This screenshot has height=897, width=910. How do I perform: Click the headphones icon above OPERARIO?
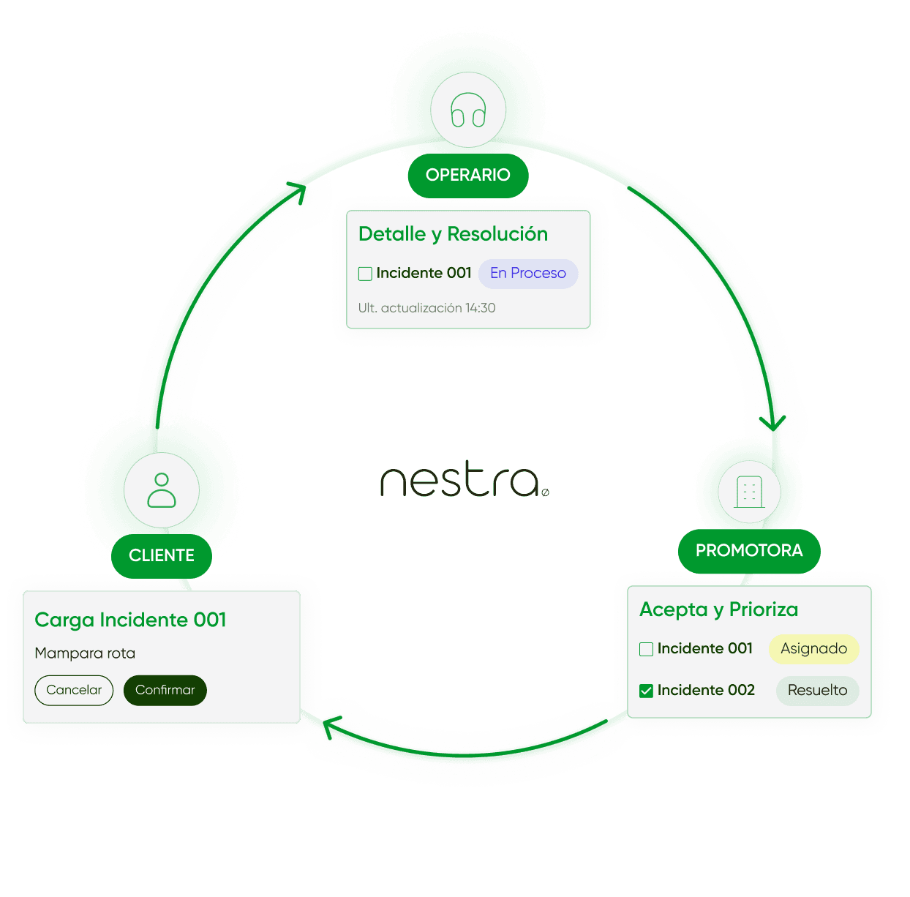[x=468, y=110]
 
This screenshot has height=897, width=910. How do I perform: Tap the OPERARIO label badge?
[x=468, y=175]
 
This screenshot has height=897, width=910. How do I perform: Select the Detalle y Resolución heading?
[x=453, y=234]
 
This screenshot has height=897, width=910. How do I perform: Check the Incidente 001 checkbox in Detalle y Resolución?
[x=365, y=274]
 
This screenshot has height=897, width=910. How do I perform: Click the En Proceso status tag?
[x=528, y=274]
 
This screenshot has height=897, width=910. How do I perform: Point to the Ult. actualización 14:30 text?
[x=426, y=308]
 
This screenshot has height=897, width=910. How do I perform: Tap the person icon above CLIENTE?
[x=162, y=489]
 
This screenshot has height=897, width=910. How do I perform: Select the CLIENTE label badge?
[x=162, y=556]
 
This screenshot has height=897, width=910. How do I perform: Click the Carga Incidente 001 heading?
[x=130, y=620]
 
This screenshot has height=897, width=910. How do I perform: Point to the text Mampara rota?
[x=85, y=653]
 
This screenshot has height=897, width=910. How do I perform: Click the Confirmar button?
[x=165, y=690]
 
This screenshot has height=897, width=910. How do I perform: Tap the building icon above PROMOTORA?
[x=749, y=491]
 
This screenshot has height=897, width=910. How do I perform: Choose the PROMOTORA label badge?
[x=749, y=551]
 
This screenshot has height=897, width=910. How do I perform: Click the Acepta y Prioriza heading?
[x=718, y=609]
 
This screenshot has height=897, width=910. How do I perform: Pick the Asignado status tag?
[x=813, y=649]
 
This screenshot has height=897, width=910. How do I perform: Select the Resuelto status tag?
[x=817, y=691]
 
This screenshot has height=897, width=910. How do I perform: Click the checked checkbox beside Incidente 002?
[x=646, y=691]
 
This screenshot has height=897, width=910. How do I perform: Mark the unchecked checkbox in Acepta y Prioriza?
[x=646, y=649]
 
